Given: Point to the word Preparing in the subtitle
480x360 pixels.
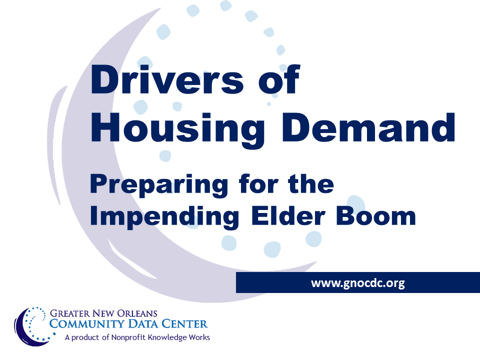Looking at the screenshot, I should tap(156, 186).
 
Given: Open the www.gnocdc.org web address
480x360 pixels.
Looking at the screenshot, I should tap(357, 283).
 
